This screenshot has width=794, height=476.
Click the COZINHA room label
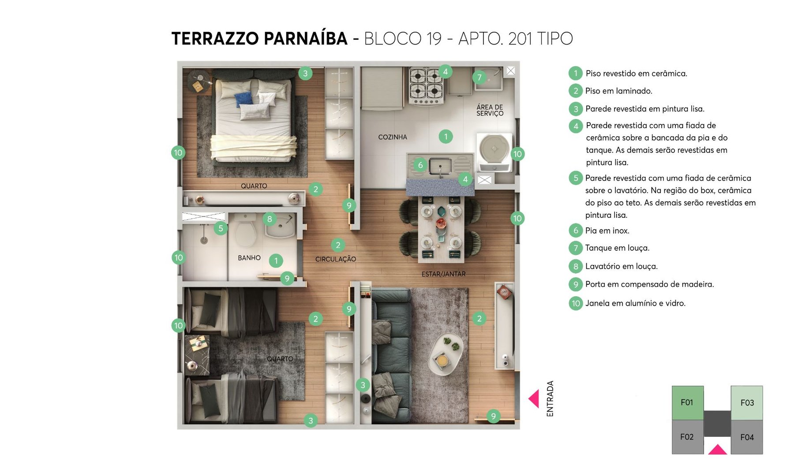tap(392, 137)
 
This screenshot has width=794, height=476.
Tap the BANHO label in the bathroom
tap(249, 258)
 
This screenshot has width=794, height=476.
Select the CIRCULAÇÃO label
tap(335, 259)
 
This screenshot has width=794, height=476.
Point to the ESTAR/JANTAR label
tap(443, 274)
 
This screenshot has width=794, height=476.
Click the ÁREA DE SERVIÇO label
tap(490, 110)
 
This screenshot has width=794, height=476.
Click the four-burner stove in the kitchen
tap(426, 86)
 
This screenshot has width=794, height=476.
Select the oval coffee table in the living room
tap(446, 354)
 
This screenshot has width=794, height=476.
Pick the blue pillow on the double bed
tap(243, 98)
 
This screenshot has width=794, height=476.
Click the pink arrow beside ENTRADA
tap(534, 398)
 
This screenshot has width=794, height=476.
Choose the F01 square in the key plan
tap(687, 402)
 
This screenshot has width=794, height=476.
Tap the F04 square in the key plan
tap(747, 437)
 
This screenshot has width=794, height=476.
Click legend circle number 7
tap(576, 248)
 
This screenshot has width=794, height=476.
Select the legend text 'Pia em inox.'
tap(607, 231)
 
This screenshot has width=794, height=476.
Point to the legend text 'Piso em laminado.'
tap(618, 91)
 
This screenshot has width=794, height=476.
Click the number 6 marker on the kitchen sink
tap(420, 165)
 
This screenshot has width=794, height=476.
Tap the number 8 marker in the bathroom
tap(270, 219)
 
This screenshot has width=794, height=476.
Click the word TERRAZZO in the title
tap(215, 39)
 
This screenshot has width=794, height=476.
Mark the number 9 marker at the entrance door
tap(493, 416)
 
